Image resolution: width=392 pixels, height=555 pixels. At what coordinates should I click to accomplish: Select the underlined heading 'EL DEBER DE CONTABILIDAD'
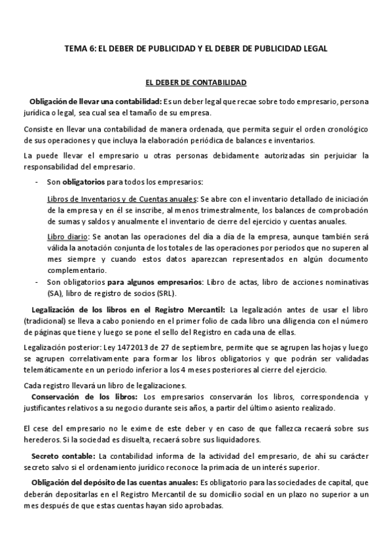196,83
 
